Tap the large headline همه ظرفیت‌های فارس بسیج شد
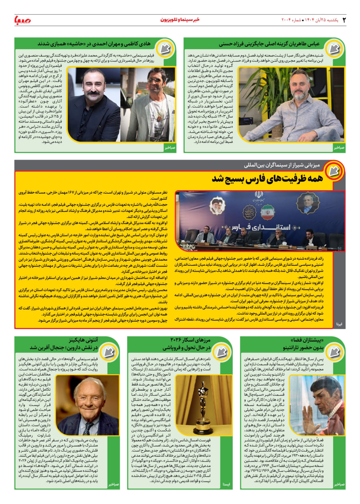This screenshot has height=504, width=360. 268,178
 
